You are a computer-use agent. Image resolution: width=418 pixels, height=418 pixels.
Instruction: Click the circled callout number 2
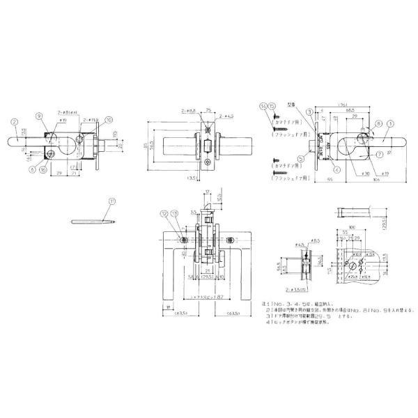pyautogui.click(x=14, y=121)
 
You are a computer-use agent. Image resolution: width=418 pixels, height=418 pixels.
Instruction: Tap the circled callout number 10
pyautogui.click(x=108, y=119)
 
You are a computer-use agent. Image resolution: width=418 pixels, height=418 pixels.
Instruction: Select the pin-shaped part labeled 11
pyautogui.click(x=91, y=222)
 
